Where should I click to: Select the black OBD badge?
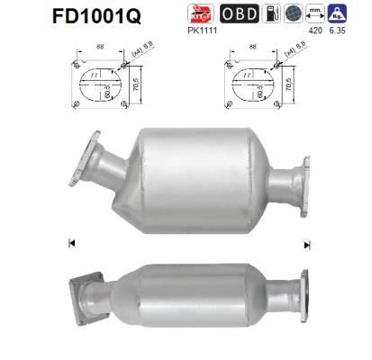point(237,13)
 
